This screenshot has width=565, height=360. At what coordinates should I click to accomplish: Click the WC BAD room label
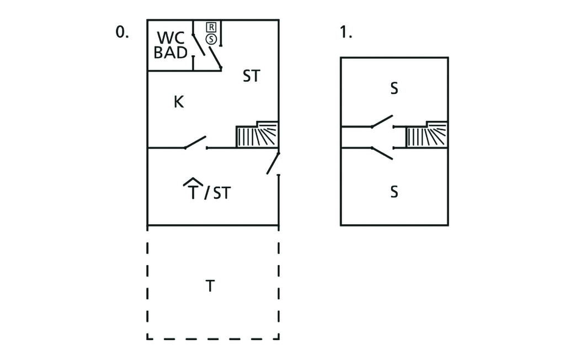click(x=170, y=45)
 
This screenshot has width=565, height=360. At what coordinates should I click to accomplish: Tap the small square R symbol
click(x=211, y=27)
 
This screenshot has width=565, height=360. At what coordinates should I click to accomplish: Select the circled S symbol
click(x=211, y=39)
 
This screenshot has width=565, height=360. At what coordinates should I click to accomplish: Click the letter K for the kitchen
click(x=178, y=102)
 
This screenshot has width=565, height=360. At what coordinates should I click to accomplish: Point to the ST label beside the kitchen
click(x=251, y=77)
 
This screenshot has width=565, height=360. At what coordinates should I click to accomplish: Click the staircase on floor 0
click(x=257, y=135)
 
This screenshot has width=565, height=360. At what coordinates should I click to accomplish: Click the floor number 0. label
click(x=121, y=33)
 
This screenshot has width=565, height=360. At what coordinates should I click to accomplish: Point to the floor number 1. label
click(x=346, y=33)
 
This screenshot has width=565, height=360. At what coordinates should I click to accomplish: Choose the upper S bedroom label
click(x=394, y=88)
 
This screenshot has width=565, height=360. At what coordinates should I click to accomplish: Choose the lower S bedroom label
click(x=394, y=192)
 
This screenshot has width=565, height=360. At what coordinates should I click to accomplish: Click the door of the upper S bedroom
click(x=382, y=121)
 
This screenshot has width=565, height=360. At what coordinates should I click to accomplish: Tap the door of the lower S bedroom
click(x=382, y=153)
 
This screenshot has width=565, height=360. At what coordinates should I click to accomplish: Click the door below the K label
click(x=195, y=143)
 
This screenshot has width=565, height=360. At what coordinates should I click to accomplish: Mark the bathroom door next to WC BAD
click(x=198, y=45)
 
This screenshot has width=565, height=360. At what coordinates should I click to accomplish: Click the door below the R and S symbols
click(x=214, y=56)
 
